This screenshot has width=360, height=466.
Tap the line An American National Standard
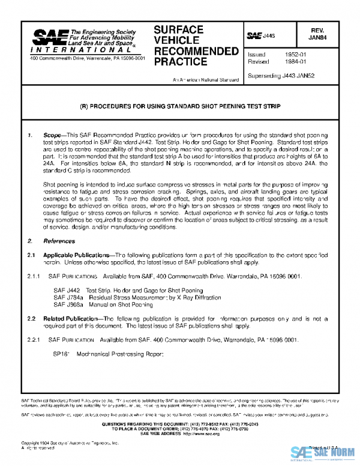click(x=204, y=80)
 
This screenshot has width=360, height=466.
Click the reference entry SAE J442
click(x=63, y=291)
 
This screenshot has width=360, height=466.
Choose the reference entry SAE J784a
click(x=64, y=297)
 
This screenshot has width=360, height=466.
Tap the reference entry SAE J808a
click(x=64, y=304)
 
